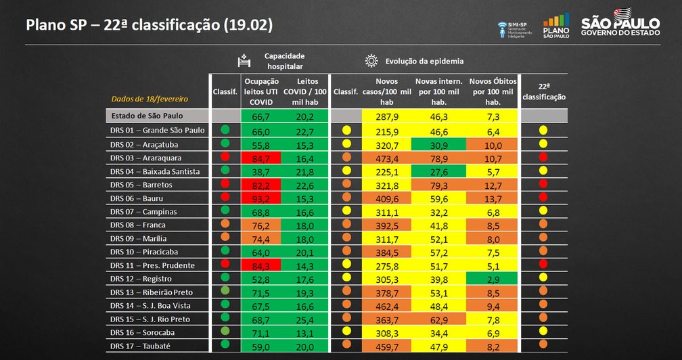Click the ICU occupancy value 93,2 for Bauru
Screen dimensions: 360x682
click(261, 198)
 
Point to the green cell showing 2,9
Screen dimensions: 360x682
click(493, 279)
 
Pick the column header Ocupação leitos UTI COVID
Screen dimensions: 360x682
click(261, 91)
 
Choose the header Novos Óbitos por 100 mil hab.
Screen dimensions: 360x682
click(493, 91)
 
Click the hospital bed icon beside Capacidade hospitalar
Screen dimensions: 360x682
click(244, 61)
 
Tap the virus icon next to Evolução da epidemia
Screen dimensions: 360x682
click(371, 61)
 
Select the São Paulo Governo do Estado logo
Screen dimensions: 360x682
click(620, 22)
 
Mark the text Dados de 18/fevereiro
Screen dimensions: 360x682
click(141, 99)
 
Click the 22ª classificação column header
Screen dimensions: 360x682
click(543, 92)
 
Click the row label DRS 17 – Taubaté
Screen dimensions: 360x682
click(139, 346)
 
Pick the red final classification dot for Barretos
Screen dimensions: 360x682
click(543, 185)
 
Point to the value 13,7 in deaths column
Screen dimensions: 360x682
click(493, 198)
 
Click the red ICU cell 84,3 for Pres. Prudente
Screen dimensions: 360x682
click(261, 265)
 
